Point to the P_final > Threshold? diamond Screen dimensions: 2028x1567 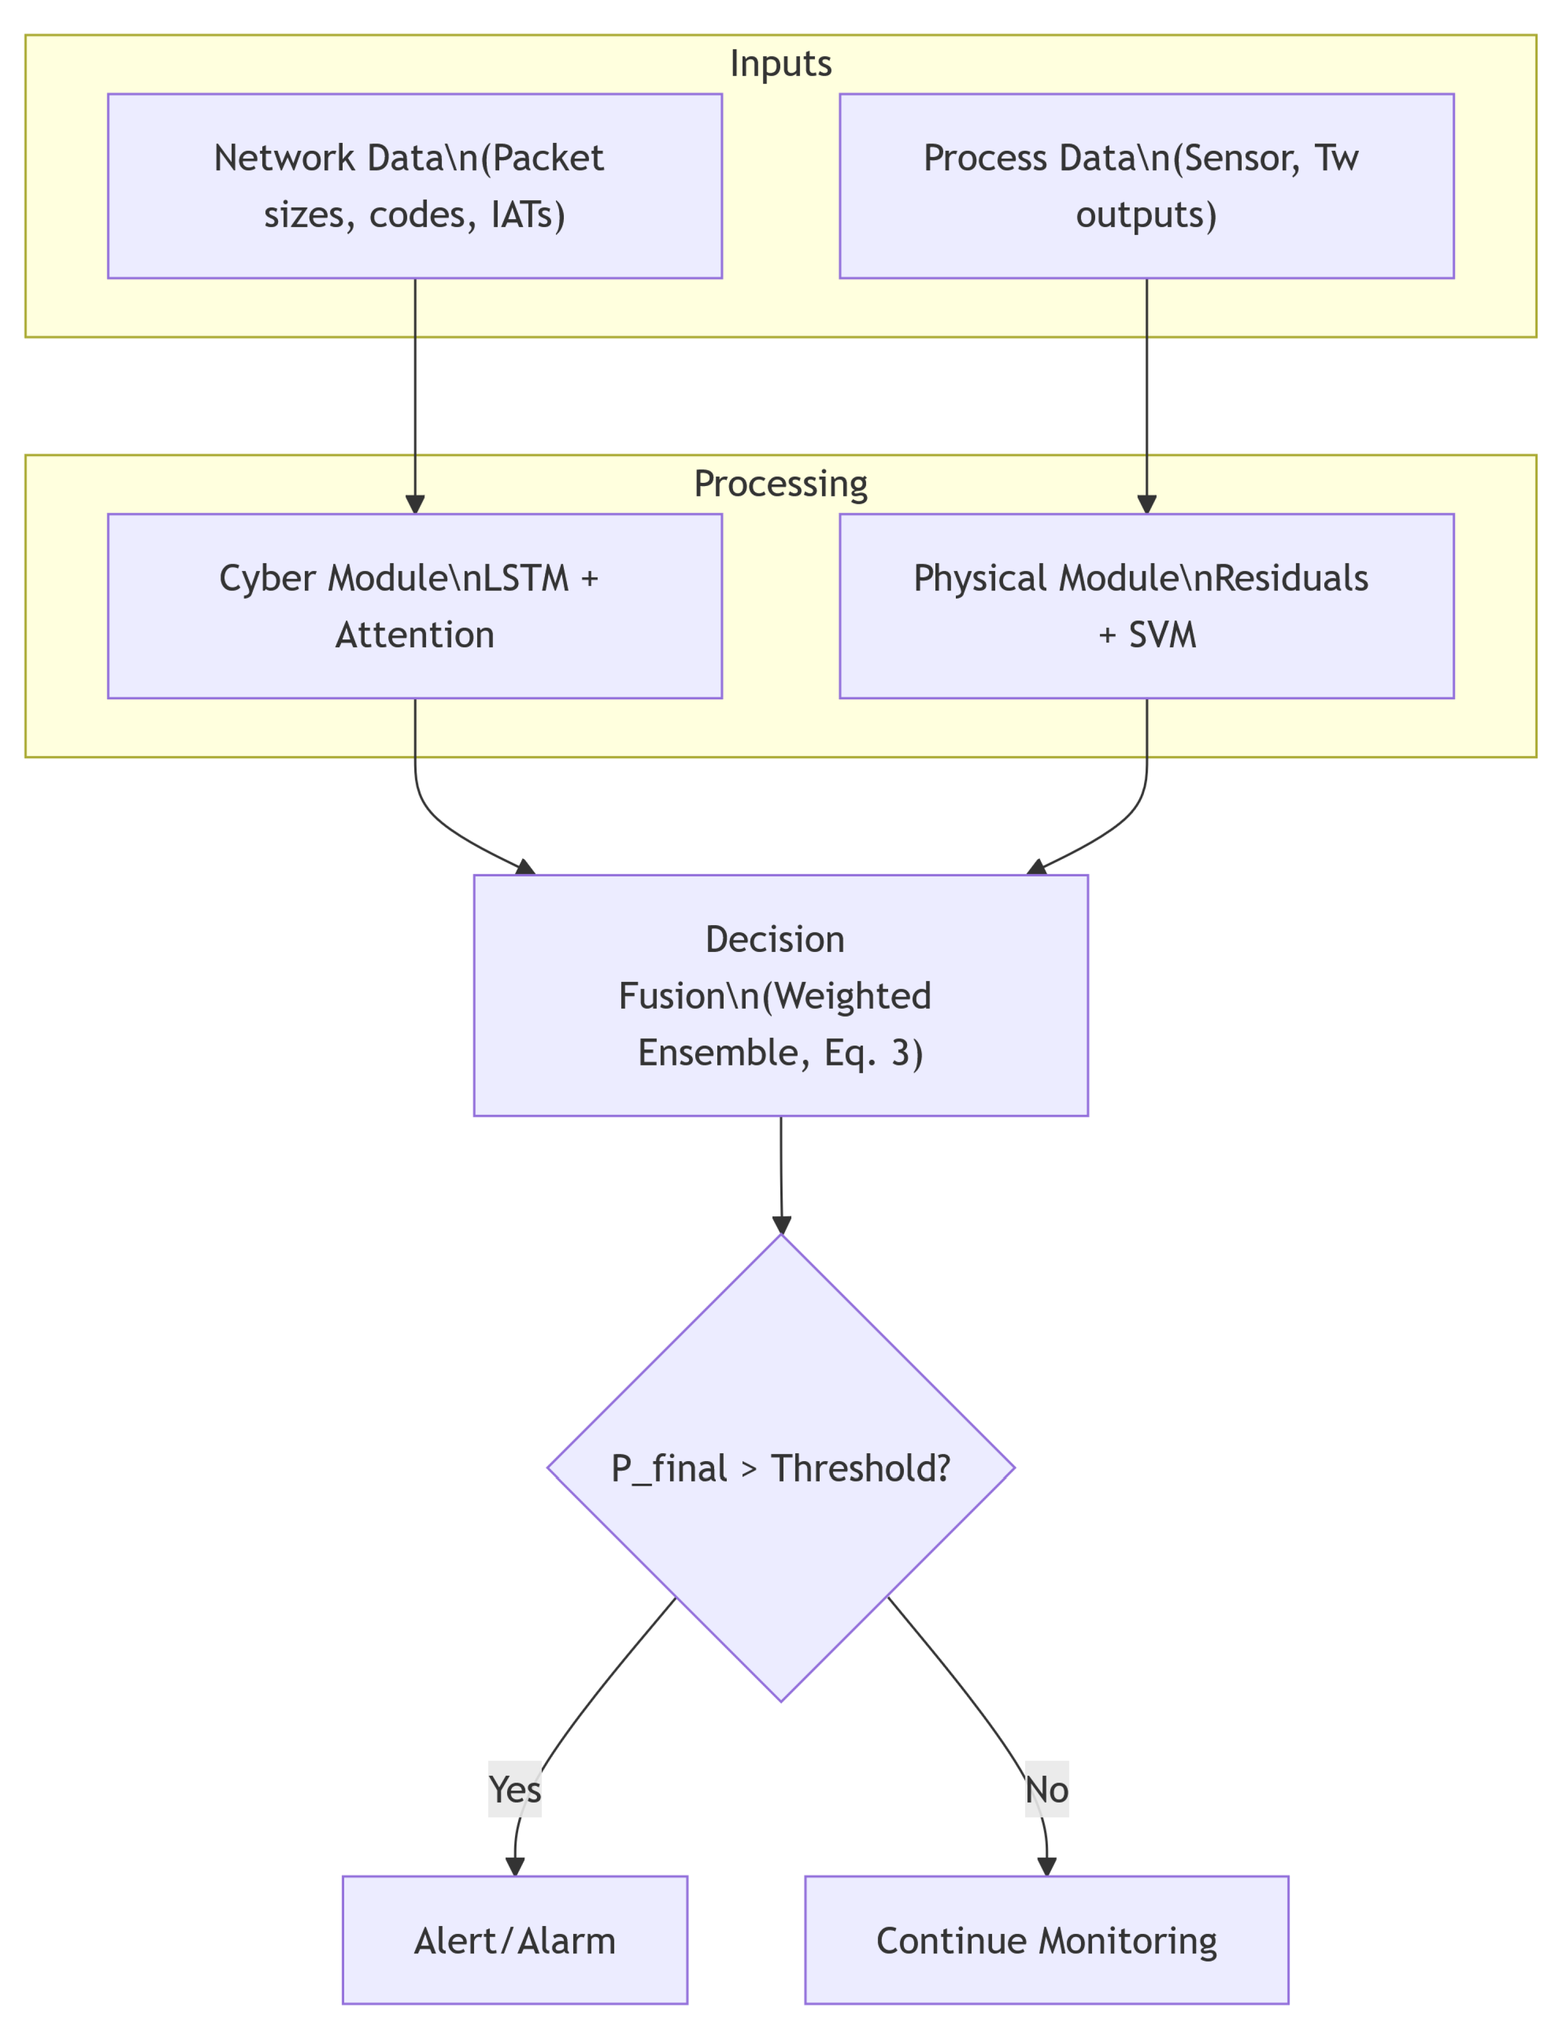click(780, 1468)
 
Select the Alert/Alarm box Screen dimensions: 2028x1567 click(514, 1941)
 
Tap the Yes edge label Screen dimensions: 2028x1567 click(514, 1789)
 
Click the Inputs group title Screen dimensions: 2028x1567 click(780, 63)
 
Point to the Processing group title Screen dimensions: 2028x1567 click(780, 484)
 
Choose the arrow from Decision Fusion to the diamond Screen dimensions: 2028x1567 click(781, 1175)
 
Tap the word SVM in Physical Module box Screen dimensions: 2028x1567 click(1162, 635)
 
